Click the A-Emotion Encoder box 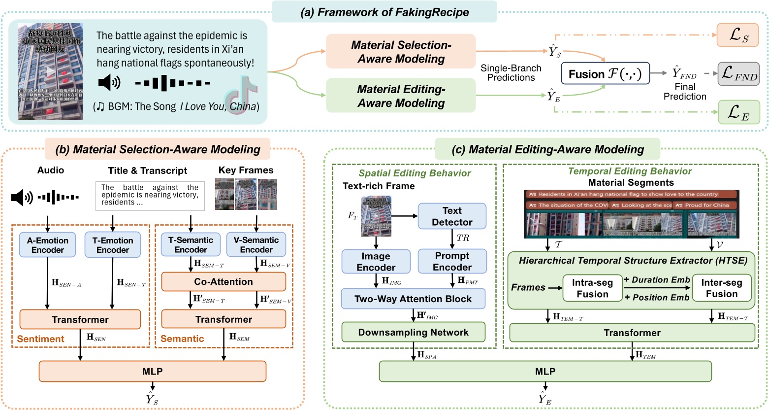48,245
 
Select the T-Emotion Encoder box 113,245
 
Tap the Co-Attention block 224,282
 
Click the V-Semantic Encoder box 256,245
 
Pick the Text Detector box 451,216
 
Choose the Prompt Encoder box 451,261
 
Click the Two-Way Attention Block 413,299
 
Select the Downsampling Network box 413,332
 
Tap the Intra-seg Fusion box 592,288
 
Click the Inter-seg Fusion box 722,288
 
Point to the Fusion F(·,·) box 605,74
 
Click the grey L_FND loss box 738,74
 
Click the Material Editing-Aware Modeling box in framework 401,96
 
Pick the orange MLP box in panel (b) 153,372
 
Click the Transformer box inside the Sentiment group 80,319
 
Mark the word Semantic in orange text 182,339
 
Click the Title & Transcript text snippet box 150,196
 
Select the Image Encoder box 376,262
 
